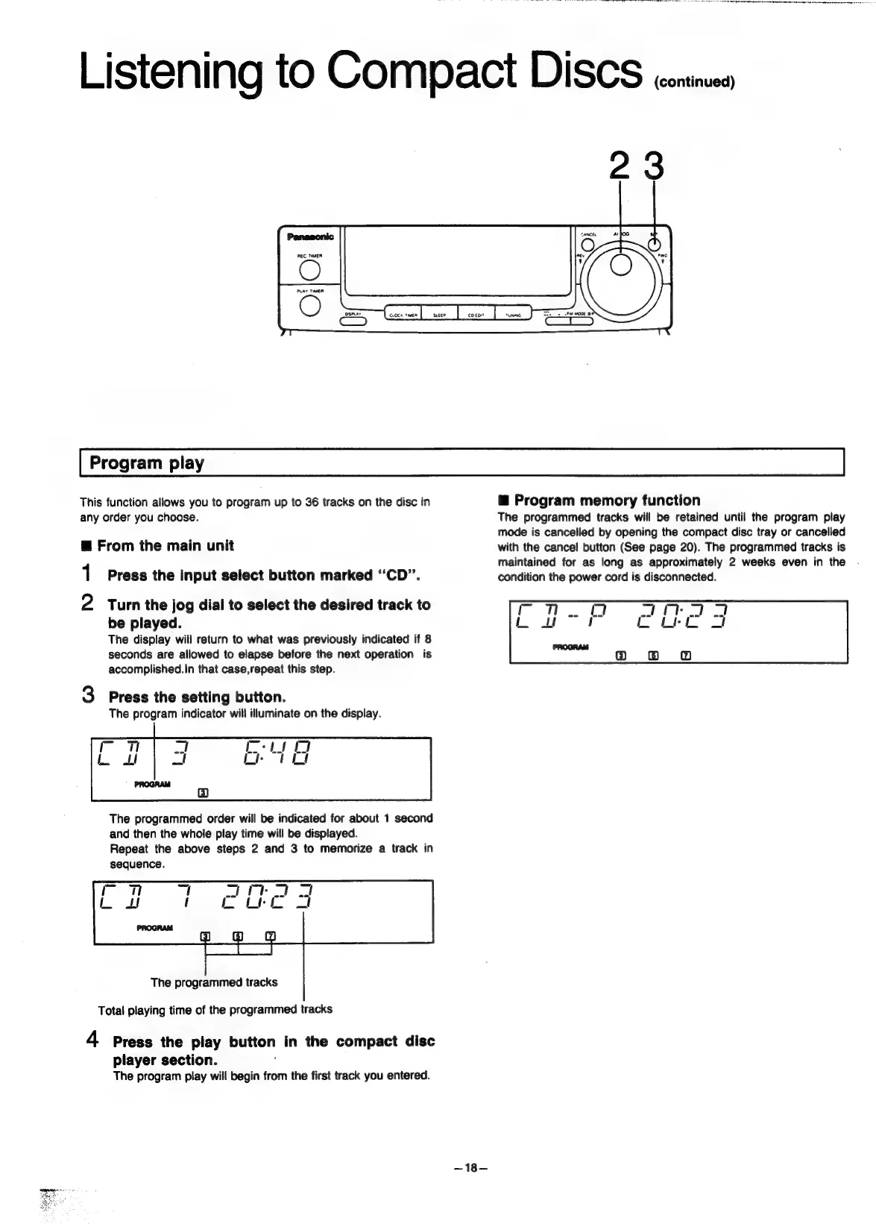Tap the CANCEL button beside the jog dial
point(587,245)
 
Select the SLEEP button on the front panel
point(439,315)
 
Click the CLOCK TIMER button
point(403,315)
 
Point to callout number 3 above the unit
point(653,166)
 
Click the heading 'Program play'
point(147,463)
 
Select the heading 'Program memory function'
point(607,500)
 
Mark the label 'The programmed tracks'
point(214,982)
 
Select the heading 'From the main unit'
point(165,546)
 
